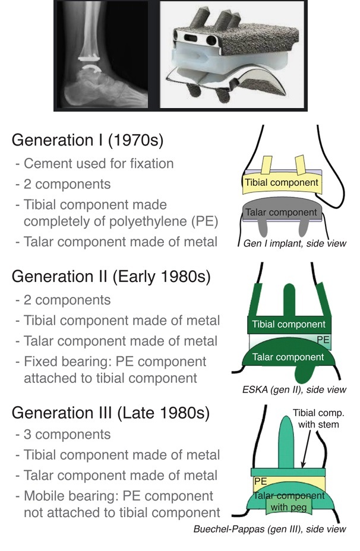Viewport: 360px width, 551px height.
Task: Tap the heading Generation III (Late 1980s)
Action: (x=110, y=412)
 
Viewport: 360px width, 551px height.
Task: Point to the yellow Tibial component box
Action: (x=282, y=183)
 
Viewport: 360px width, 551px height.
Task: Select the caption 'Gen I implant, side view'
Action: (x=295, y=243)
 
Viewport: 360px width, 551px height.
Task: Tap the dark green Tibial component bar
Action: (x=289, y=324)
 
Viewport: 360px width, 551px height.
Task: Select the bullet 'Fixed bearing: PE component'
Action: (x=115, y=362)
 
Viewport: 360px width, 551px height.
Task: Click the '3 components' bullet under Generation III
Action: (x=67, y=435)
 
